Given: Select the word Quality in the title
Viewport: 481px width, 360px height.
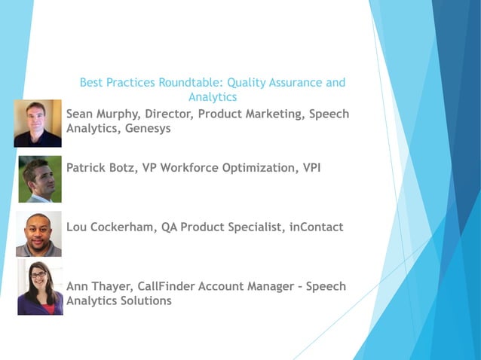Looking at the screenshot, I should [x=246, y=82].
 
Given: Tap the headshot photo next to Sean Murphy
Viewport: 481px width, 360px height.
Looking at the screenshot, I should [x=38, y=123].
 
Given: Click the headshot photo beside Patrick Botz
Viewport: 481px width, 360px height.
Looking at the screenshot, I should [x=40, y=179].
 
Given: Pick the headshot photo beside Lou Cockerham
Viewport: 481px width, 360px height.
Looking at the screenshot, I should [x=38, y=234].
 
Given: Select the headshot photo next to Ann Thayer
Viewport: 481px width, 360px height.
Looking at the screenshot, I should [x=40, y=288].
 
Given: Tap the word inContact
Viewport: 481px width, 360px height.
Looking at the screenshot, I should [x=317, y=227].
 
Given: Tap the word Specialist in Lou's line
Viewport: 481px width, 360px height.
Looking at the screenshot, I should [x=253, y=227].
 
